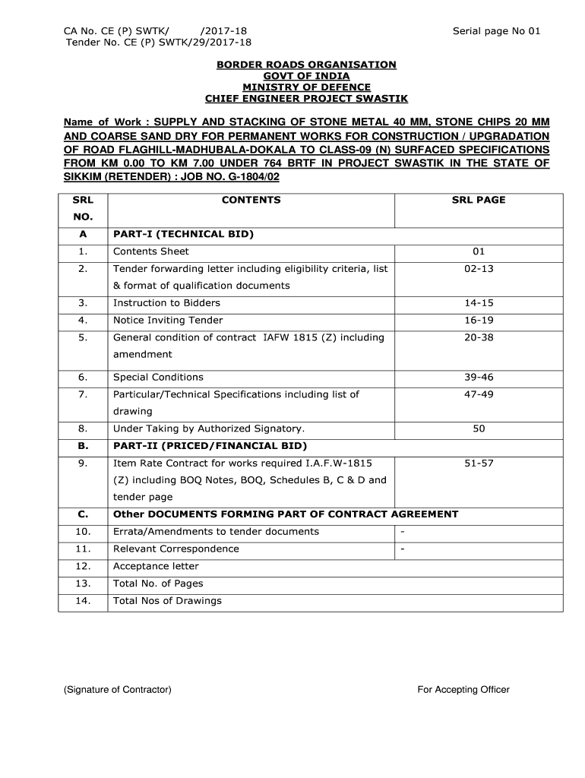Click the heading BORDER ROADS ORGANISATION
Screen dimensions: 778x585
coord(306,65)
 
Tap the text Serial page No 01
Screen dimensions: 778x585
coord(496,31)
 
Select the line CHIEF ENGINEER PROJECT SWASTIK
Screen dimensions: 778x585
coord(306,99)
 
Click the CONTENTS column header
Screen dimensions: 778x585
coord(251,200)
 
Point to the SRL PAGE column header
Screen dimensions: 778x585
coord(479,200)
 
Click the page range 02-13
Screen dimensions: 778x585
coord(479,268)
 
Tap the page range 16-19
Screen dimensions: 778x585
coord(479,320)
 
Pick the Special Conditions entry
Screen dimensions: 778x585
coord(158,377)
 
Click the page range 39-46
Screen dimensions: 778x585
coord(479,377)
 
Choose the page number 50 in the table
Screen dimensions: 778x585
coord(479,429)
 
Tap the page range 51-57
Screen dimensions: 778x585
coord(479,463)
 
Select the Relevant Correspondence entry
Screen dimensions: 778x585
coord(175,549)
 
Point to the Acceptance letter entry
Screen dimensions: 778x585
coord(156,566)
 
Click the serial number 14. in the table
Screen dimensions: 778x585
coord(84,600)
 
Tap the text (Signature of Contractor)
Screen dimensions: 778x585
coord(118,690)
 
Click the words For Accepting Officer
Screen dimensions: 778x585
coord(463,690)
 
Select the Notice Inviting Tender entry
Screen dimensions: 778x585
coord(168,320)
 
